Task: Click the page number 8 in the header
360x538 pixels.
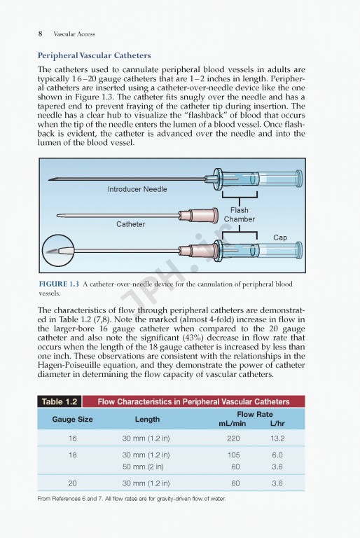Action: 40,34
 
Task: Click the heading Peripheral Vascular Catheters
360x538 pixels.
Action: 94,55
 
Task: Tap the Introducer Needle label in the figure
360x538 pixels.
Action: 137,189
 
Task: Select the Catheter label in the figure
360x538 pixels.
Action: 130,224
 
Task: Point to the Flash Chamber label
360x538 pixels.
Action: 240,214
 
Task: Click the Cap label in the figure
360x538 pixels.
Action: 280,237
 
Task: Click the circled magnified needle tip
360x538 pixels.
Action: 58,251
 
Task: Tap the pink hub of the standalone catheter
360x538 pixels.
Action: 199,216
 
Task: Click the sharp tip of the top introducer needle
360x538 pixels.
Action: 49,179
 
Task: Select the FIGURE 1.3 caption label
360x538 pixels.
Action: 59,284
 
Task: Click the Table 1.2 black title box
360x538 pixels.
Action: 60,401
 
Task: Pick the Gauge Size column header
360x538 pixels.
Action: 72,419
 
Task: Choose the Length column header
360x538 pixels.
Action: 147,419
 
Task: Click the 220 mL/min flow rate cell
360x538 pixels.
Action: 233,438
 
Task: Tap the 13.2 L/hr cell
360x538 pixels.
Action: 277,438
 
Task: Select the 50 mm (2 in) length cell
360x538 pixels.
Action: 143,467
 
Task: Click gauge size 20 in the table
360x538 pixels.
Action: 72,483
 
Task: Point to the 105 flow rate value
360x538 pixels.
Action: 233,455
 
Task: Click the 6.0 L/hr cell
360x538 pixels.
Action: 277,455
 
